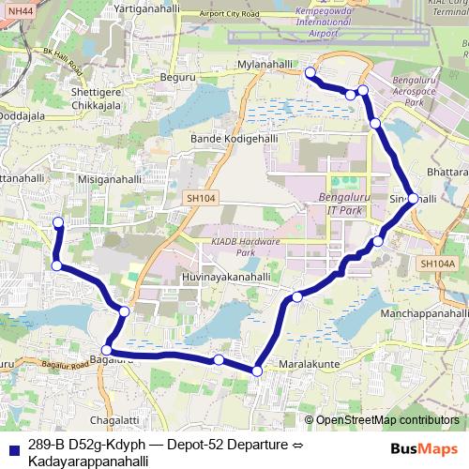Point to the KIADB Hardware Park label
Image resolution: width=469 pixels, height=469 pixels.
pyautogui.click(x=246, y=248)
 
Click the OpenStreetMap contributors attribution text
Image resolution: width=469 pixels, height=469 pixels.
pyautogui.click(x=386, y=419)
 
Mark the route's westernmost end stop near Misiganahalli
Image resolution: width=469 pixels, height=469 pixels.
pyautogui.click(x=58, y=222)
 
